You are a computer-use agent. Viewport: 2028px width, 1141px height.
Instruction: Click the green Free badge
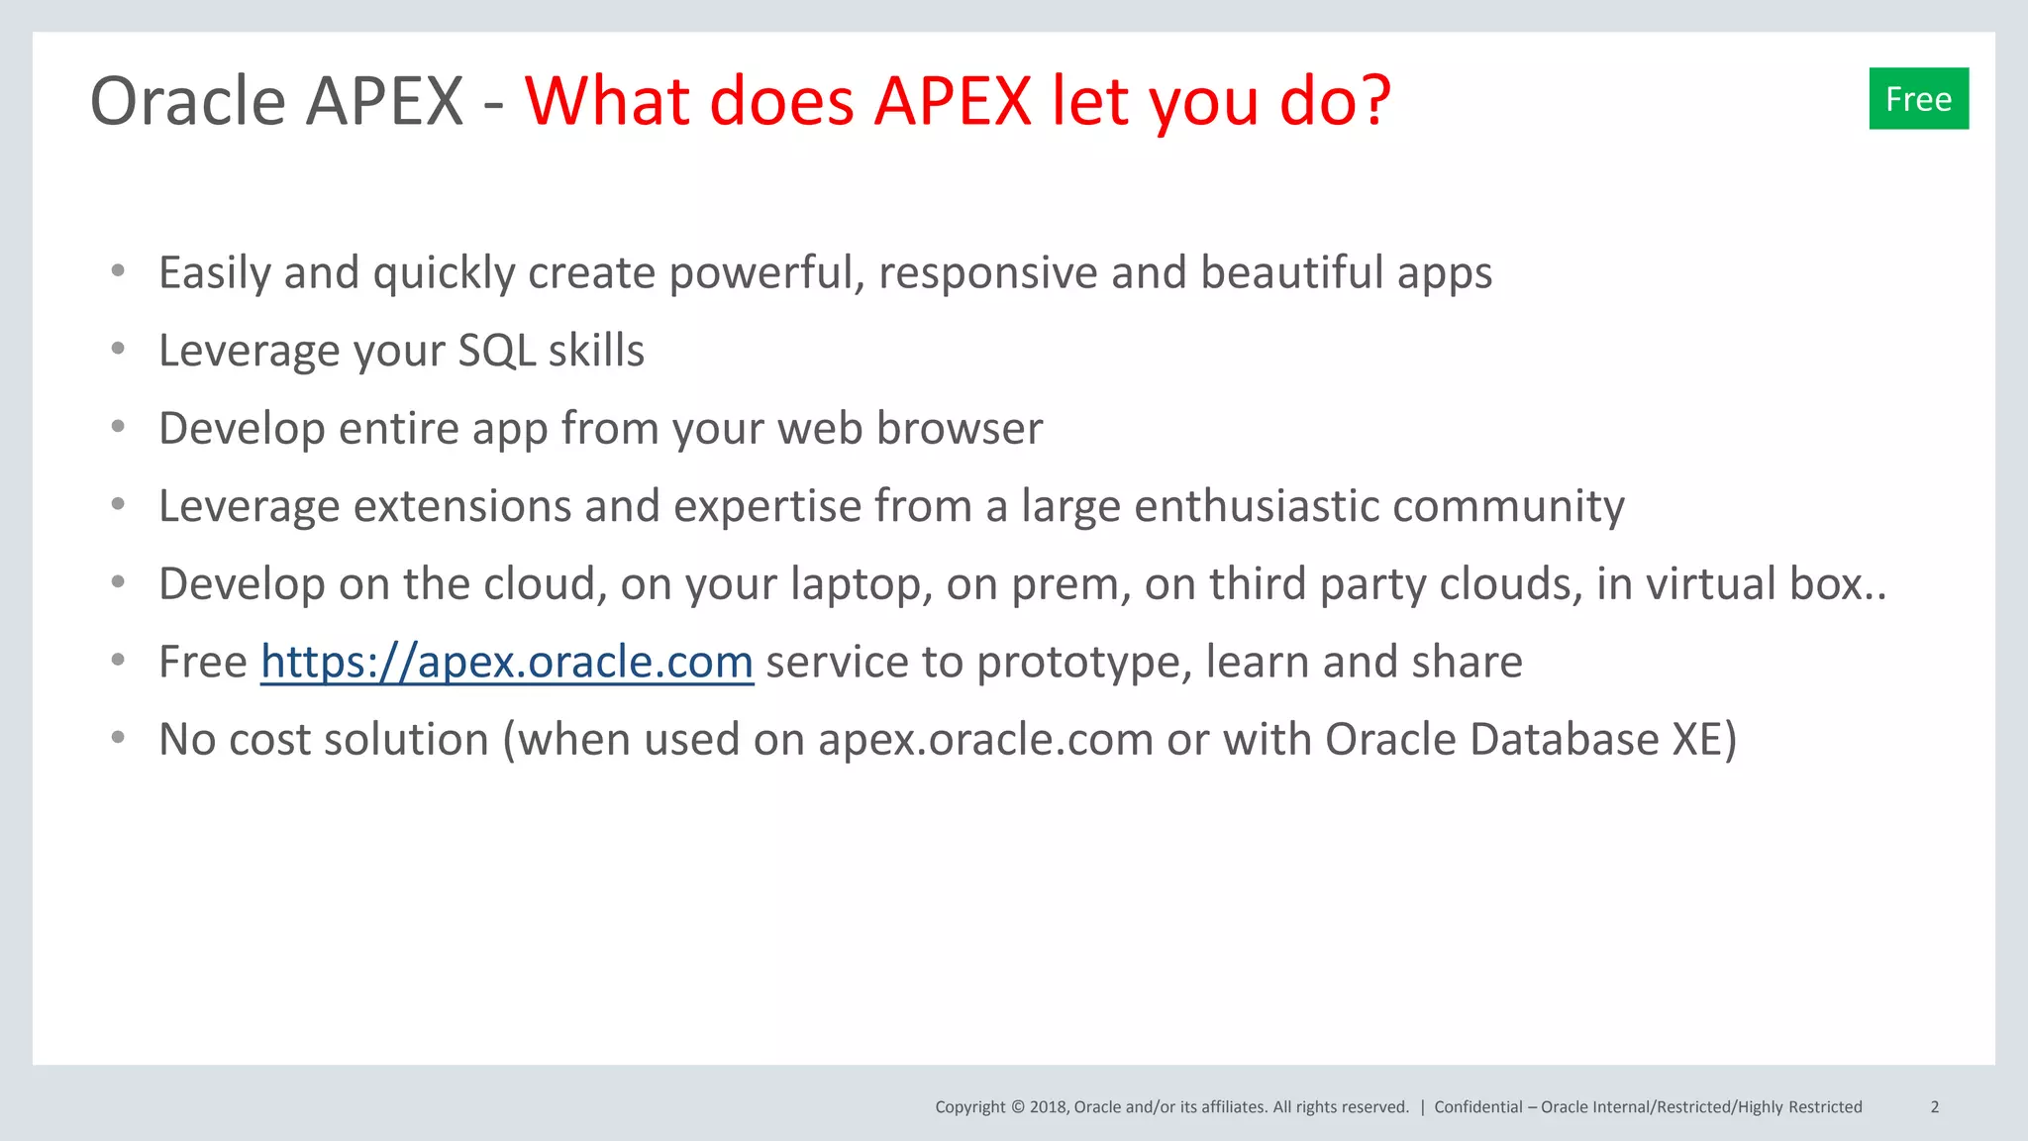pyautogui.click(x=1918, y=99)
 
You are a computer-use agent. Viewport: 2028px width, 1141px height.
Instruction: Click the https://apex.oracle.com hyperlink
pyautogui.click(x=507, y=662)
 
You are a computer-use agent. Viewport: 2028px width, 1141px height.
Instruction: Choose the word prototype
pyautogui.click(x=1084, y=663)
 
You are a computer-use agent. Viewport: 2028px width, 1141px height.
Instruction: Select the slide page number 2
pyautogui.click(x=1934, y=1107)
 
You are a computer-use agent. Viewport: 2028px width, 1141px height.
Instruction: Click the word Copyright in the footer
pyautogui.click(x=969, y=1107)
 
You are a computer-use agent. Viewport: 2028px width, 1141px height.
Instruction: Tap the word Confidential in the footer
pyautogui.click(x=1477, y=1107)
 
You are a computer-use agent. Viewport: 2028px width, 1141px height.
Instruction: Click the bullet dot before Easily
pyautogui.click(x=118, y=270)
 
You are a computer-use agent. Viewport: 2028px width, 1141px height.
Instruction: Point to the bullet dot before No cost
pyautogui.click(x=118, y=737)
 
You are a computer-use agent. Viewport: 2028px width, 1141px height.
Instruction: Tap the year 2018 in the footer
pyautogui.click(x=1047, y=1107)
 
